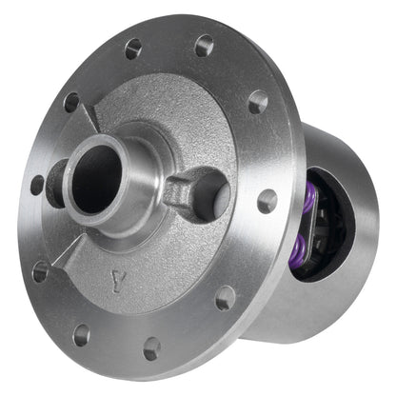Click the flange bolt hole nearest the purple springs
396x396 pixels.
click(267, 201)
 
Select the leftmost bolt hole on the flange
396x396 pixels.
click(37, 185)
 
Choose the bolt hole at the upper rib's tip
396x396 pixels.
click(71, 102)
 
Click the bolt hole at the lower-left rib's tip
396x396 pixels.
click(40, 272)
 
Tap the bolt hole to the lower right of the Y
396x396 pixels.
click(225, 298)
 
